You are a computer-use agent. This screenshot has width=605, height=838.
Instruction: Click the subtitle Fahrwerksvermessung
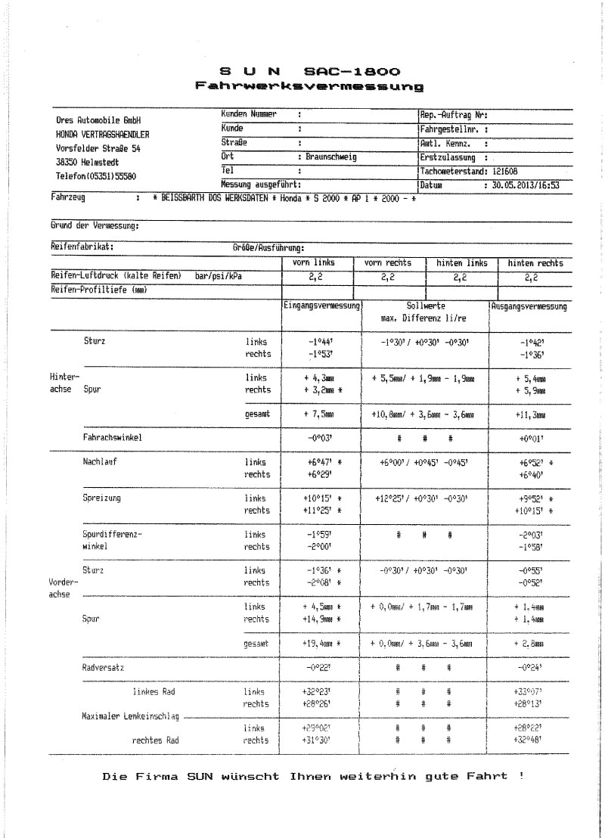coord(308,87)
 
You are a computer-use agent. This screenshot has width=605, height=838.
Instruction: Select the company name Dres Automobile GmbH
coord(98,121)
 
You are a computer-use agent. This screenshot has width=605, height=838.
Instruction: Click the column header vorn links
coord(313,262)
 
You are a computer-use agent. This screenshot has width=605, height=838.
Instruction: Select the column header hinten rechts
coord(535,263)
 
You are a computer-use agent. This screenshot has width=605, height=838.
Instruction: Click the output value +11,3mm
coord(529,414)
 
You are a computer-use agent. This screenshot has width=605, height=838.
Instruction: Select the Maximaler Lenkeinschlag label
coord(129,715)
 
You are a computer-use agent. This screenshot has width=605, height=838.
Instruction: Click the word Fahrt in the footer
coord(483,776)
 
